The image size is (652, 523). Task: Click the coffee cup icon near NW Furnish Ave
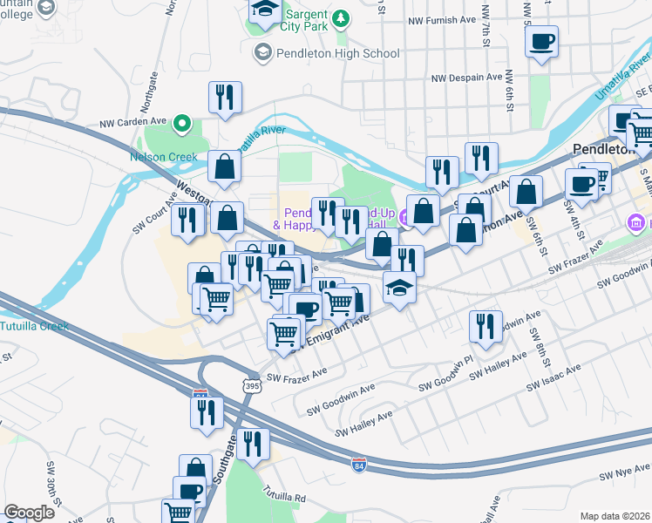point(542,42)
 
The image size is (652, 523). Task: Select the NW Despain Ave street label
point(467,77)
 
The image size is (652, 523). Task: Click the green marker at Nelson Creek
point(181,124)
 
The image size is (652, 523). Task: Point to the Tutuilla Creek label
point(35,327)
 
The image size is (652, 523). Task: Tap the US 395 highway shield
point(252,384)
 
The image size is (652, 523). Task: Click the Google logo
point(29,513)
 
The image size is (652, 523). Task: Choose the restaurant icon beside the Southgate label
point(253,444)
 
